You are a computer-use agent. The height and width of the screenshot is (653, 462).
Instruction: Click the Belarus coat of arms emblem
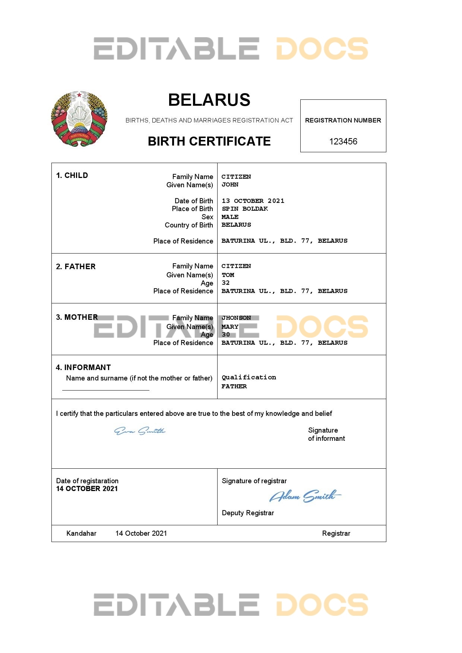(79, 119)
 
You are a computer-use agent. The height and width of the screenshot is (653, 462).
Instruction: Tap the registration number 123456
(343, 141)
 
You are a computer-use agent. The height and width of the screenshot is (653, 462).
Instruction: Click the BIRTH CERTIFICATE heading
(209, 141)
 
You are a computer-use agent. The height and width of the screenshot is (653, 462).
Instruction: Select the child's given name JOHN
(230, 185)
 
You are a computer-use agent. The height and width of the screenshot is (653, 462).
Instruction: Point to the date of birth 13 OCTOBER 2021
(253, 201)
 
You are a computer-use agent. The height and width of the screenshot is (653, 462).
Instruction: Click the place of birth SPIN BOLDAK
(245, 209)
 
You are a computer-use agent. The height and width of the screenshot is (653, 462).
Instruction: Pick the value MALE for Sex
(230, 217)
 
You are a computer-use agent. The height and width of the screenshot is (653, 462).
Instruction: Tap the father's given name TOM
(228, 275)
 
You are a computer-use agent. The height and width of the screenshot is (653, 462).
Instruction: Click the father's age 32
(226, 283)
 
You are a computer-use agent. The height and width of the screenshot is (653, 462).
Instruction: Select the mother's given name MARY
(230, 327)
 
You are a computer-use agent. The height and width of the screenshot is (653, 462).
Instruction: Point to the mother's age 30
(226, 335)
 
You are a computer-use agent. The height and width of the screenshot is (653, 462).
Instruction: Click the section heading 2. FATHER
(76, 267)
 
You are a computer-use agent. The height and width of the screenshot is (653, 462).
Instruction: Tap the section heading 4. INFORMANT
(83, 367)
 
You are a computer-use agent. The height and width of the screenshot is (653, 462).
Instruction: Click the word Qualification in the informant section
(249, 378)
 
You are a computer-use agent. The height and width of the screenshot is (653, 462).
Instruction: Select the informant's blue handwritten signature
(140, 431)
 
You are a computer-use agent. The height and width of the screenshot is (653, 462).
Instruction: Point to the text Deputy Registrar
(248, 513)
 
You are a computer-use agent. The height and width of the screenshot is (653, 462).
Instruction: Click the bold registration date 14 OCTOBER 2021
(87, 489)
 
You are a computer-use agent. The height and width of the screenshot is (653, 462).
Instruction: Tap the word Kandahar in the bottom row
(81, 533)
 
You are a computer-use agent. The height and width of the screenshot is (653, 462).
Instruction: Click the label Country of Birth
(189, 225)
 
